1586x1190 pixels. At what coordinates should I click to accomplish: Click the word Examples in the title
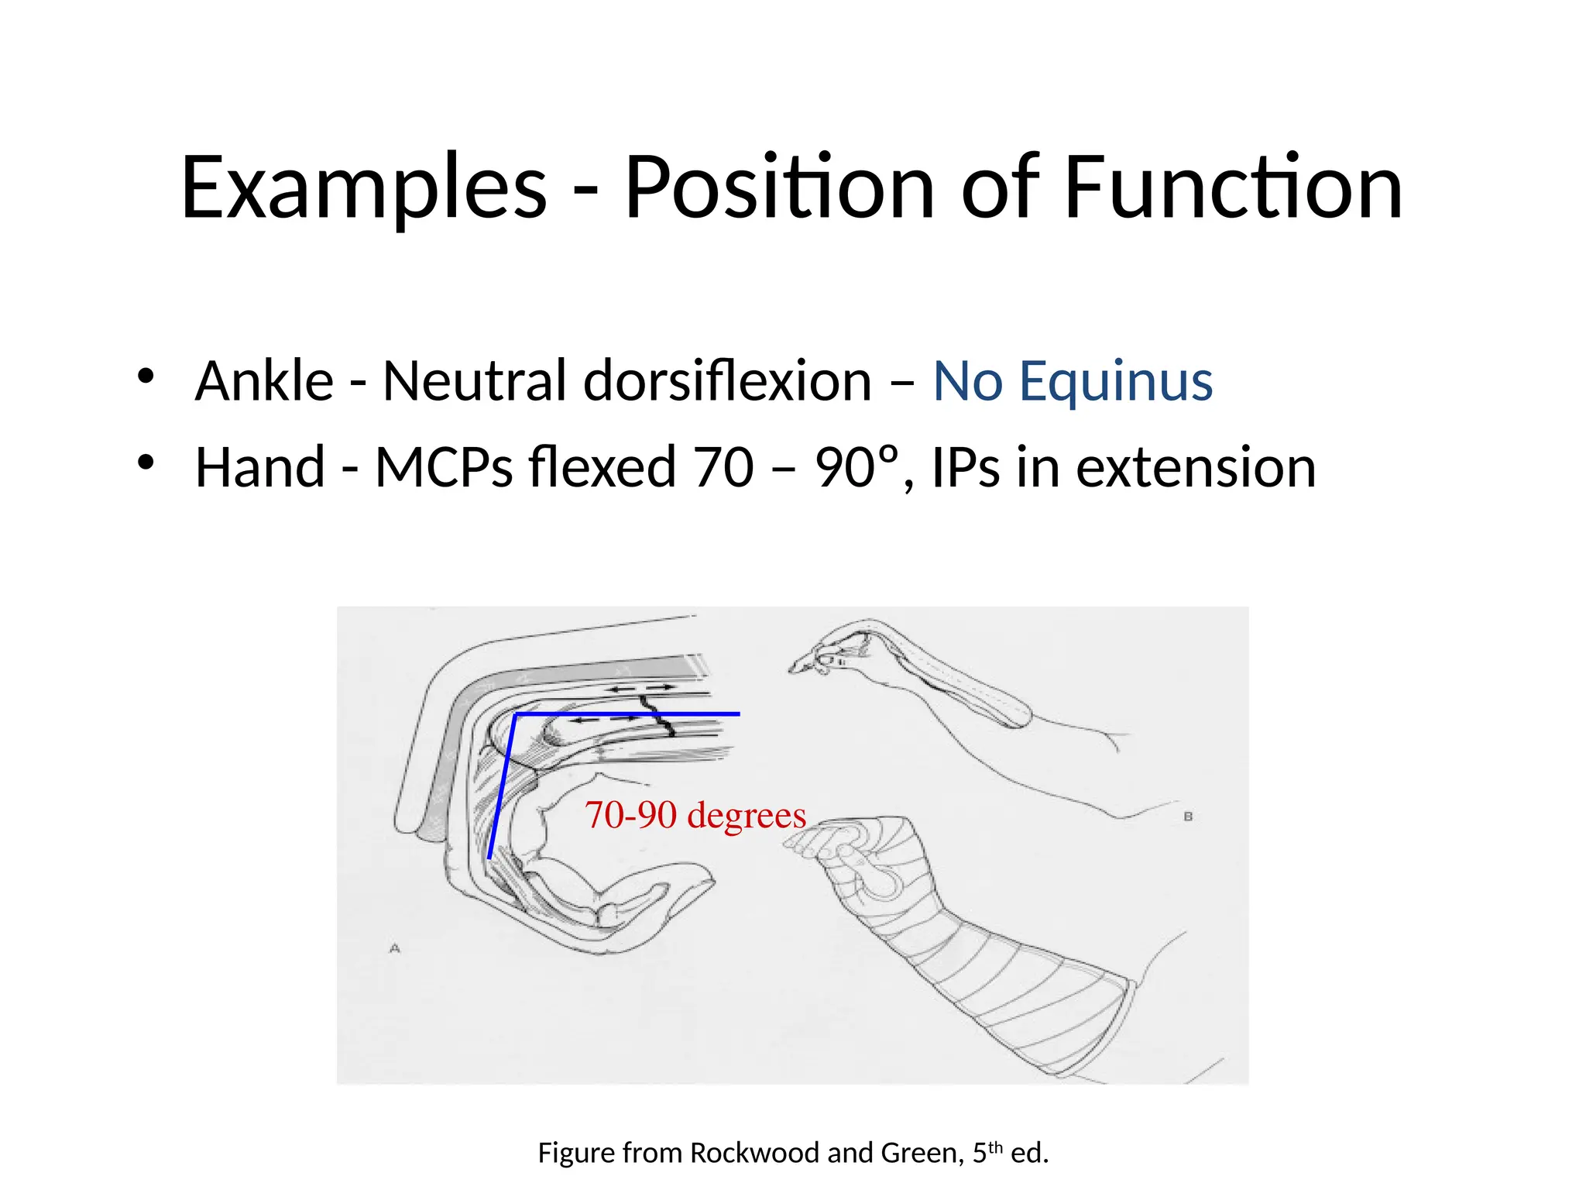coord(364,188)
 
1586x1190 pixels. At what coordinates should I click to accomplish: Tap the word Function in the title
coord(1233,188)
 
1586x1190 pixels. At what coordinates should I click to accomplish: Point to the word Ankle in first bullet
coord(264,382)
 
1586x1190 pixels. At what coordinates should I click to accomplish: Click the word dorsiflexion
coord(727,382)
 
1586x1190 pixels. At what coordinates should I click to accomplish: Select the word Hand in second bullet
coord(259,468)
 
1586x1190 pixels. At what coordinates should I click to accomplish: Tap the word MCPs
coord(444,468)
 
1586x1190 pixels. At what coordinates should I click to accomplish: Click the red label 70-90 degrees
coord(695,815)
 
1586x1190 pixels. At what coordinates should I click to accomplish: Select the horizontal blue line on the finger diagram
coord(627,714)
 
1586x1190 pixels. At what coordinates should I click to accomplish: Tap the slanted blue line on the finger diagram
coord(502,786)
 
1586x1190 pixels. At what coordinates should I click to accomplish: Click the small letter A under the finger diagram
coord(395,948)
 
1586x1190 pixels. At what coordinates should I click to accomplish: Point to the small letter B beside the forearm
coord(1188,817)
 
